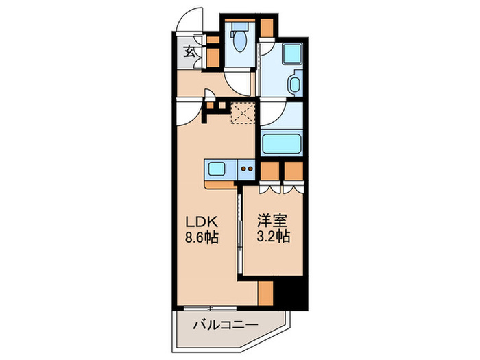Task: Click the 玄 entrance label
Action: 189,51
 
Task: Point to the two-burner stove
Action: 247,168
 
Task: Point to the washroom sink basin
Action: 294,86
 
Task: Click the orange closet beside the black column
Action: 266,293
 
